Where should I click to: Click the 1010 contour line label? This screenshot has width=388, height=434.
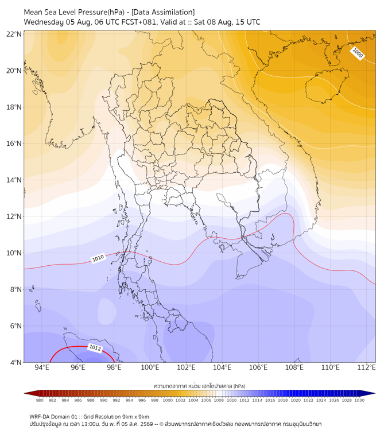pos(98,258)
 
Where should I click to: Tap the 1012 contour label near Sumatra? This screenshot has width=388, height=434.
pos(95,348)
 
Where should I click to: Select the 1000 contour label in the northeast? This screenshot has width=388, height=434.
pos(357,53)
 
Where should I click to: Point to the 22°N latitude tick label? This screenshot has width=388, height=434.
pos(14,34)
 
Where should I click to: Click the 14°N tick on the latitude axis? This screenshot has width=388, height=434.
pos(14,180)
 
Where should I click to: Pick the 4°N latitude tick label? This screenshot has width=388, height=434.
pos(15,362)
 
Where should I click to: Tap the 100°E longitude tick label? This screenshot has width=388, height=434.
pos(150,367)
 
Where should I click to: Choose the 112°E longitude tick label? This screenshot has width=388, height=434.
pos(366,367)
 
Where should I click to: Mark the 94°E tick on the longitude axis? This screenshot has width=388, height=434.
pos(42,367)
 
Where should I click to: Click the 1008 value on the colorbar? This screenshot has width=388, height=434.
pos(219,400)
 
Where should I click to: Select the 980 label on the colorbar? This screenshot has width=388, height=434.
pos(40,400)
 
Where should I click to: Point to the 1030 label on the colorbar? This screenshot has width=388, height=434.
pos(359,400)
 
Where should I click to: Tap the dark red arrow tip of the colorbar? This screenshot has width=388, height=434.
pos(25,393)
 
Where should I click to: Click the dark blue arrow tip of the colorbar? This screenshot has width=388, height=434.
pos(375,393)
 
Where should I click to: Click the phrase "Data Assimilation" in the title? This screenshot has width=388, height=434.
pos(163,12)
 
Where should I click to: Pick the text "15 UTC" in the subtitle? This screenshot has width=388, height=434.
pos(248,22)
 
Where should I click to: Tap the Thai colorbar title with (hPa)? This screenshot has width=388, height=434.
pos(200,386)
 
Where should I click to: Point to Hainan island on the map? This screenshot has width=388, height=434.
pos(327,86)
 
